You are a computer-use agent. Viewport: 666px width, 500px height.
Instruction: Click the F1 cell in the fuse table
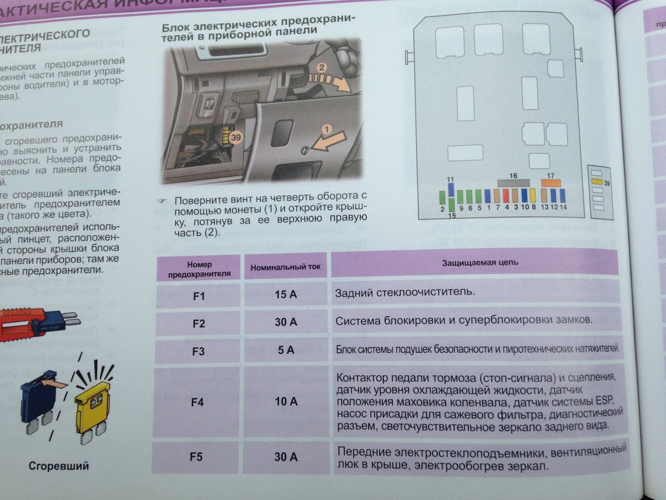(x=198, y=295)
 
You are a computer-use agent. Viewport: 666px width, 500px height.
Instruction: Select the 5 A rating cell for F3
(x=286, y=350)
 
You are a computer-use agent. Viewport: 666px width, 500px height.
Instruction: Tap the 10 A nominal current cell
(x=286, y=401)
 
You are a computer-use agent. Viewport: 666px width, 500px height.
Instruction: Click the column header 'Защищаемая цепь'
(x=480, y=262)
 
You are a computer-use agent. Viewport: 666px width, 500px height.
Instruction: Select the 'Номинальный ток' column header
(x=285, y=267)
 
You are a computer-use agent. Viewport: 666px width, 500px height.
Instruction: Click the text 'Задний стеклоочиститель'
(x=405, y=292)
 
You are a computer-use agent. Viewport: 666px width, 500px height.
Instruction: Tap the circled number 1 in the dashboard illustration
(x=326, y=129)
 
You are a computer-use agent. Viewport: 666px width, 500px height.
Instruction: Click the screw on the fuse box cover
(x=304, y=149)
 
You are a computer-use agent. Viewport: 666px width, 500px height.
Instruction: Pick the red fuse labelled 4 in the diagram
(x=506, y=196)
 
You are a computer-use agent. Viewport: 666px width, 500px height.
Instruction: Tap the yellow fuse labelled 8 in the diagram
(x=533, y=196)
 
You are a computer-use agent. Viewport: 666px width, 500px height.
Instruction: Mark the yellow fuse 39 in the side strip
(x=596, y=181)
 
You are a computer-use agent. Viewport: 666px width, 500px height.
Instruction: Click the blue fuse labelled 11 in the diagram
(x=451, y=190)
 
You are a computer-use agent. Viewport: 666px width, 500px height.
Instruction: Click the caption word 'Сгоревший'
(x=59, y=466)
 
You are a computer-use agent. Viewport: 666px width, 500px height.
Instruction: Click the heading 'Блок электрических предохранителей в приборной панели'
(x=258, y=29)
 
